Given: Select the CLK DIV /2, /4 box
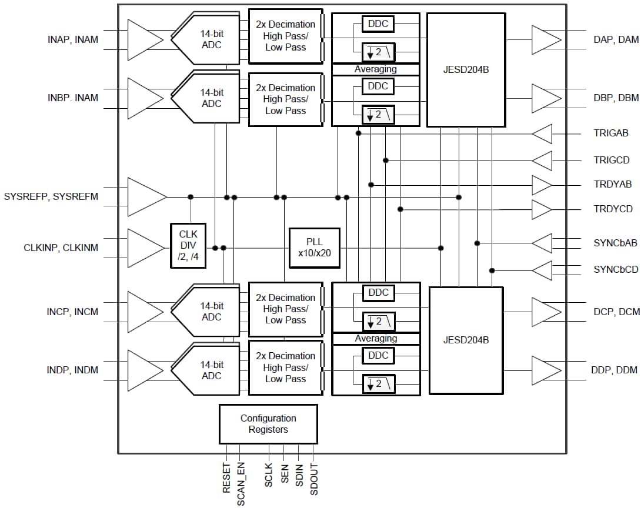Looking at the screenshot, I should tap(188, 246).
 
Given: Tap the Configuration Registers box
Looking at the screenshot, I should tap(268, 424).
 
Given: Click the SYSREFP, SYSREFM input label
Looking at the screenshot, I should tap(51, 196).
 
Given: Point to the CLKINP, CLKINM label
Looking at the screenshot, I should tap(61, 248).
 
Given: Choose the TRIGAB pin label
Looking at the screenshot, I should tap(611, 133).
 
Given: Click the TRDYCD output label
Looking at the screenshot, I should tap(613, 209).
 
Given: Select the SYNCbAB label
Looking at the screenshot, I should tap(615, 243).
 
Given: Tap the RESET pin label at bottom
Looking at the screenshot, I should tap(227, 477).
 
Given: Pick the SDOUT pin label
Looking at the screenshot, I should tap(313, 479).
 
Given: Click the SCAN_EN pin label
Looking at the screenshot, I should tap(241, 484).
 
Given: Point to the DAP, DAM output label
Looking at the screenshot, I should tap(616, 40).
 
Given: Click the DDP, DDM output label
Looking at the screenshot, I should tap(615, 370).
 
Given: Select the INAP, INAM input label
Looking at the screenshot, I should tap(73, 40).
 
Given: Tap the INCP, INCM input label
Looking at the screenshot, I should tap(72, 312).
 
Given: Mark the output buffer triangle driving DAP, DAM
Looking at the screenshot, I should tap(545, 40).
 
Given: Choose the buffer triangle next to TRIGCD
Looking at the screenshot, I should tap(543, 160).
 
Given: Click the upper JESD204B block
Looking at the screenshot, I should tap(466, 69).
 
